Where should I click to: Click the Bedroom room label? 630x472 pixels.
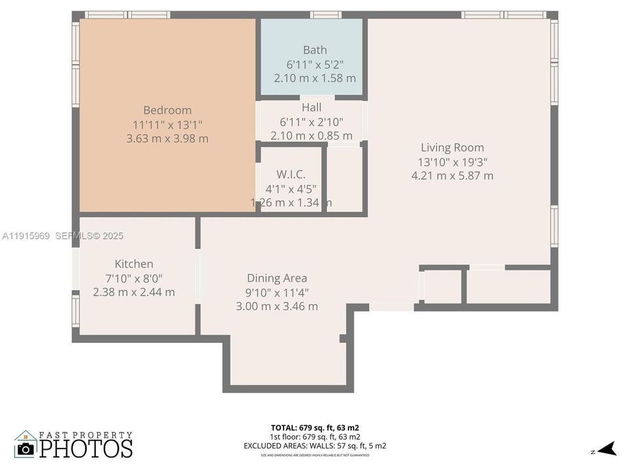(x=167, y=110)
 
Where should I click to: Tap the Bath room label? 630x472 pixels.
(x=314, y=50)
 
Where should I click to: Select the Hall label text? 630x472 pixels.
(x=311, y=107)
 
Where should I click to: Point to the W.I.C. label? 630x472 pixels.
(x=291, y=174)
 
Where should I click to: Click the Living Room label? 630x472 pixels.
(x=452, y=147)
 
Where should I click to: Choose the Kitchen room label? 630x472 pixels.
(x=134, y=264)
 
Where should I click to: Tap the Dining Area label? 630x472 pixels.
(x=276, y=278)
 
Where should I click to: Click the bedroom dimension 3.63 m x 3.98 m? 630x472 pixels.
(x=167, y=138)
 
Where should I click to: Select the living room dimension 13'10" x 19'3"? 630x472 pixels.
(x=452, y=162)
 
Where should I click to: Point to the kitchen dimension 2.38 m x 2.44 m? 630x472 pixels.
(x=134, y=292)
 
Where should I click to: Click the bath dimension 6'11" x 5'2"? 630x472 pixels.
(x=314, y=64)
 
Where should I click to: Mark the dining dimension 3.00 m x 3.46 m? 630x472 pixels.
(x=276, y=306)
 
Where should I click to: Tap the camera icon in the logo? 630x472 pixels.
(x=26, y=448)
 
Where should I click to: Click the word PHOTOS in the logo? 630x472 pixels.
(x=85, y=448)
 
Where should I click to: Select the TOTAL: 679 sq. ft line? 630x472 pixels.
(x=315, y=427)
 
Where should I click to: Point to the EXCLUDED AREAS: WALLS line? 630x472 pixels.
(x=315, y=446)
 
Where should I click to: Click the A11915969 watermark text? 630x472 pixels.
(x=26, y=236)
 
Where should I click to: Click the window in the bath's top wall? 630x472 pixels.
(x=325, y=14)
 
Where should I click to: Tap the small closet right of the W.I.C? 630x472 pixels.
(x=345, y=179)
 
